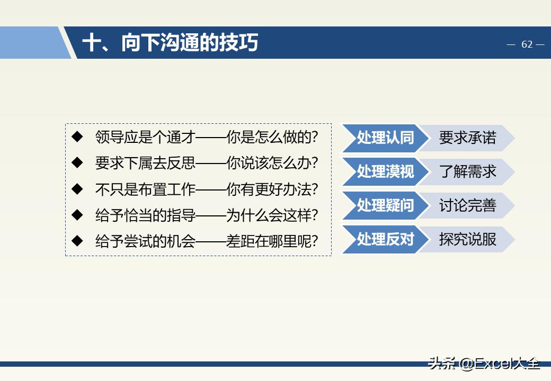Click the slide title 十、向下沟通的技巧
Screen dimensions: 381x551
click(170, 43)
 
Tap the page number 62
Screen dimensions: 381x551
click(527, 44)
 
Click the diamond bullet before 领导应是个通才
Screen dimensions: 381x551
click(78, 137)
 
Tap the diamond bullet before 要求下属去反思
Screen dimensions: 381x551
click(78, 162)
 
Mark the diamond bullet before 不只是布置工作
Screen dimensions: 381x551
click(78, 188)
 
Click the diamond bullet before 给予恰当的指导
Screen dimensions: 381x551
click(78, 215)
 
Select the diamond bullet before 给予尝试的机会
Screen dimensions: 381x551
click(78, 241)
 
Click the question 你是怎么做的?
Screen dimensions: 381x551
click(272, 137)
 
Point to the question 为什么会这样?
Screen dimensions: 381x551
click(272, 215)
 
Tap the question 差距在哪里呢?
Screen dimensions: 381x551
click(272, 241)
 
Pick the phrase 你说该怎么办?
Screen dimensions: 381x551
click(272, 163)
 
